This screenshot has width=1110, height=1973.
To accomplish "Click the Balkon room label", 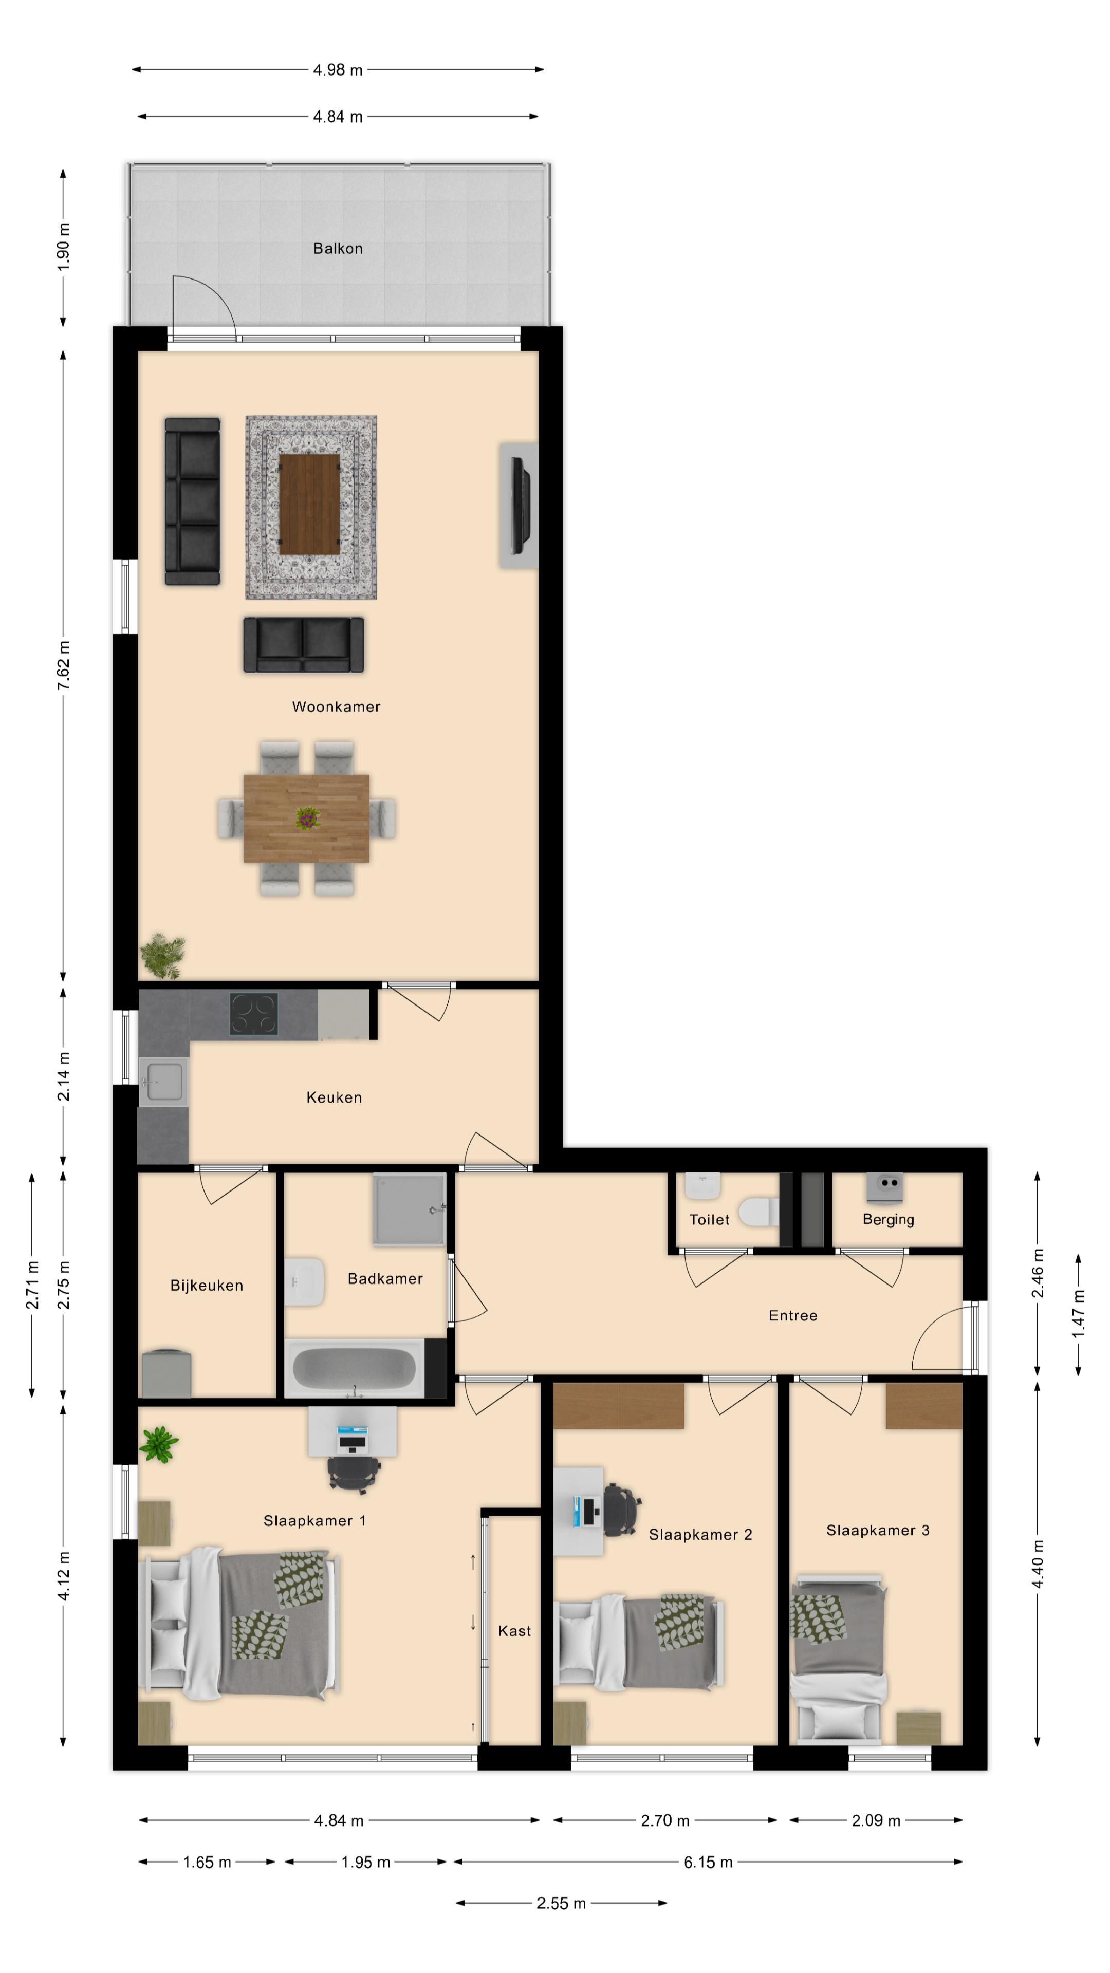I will (337, 248).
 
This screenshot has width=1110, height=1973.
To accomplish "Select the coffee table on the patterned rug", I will (309, 503).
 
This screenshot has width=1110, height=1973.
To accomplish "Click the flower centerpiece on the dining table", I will (307, 818).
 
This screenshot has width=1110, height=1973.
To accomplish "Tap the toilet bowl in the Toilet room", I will (759, 1212).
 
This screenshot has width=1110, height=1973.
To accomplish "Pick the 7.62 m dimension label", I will (64, 665).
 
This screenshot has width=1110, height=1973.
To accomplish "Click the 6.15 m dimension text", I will (708, 1862).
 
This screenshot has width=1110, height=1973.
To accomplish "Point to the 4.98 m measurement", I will (337, 70).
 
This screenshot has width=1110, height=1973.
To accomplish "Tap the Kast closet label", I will (514, 1631).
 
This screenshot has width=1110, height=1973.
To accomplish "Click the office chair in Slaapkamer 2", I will (621, 1510).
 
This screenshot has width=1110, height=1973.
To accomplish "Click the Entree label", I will (793, 1316).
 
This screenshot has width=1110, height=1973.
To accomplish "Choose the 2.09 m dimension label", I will (876, 1820).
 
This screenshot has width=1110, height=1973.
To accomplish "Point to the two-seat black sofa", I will (303, 645).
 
